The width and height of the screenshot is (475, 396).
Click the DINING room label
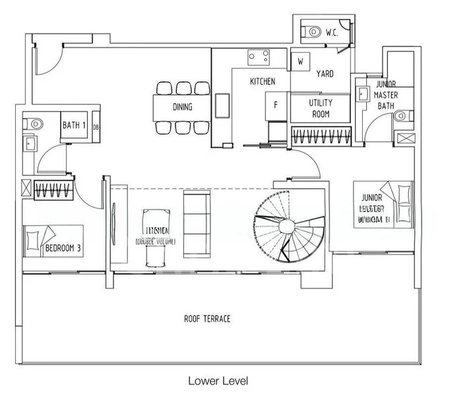click(182, 106)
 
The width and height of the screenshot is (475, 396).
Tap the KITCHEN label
click(262, 82)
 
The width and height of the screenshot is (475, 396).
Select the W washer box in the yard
click(300, 61)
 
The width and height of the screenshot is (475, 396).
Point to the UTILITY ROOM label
click(321, 108)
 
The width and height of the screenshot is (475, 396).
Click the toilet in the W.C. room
click(313, 30)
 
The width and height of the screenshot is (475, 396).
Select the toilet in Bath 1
click(35, 123)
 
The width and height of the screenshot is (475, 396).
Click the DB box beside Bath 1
click(96, 127)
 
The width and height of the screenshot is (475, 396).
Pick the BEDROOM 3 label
click(63, 249)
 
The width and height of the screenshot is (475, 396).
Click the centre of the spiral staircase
click(287, 226)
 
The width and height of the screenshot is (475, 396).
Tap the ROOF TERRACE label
click(207, 319)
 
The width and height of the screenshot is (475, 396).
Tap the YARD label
click(325, 74)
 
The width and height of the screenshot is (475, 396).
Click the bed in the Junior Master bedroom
click(383, 205)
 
